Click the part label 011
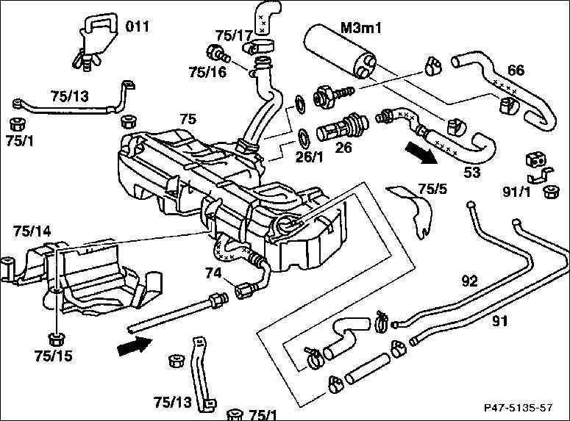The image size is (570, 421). tap(138, 26)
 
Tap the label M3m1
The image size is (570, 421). tap(361, 28)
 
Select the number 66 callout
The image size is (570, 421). tap(516, 70)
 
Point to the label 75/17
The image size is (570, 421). tap(234, 35)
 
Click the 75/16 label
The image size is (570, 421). tap(207, 72)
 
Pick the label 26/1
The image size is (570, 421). tap(309, 157)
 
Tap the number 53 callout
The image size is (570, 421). tap(472, 172)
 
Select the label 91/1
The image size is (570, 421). tap(516, 192)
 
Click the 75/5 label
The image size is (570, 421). tap(432, 189)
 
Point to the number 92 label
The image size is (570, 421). tap(469, 281)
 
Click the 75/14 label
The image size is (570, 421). tap(32, 231)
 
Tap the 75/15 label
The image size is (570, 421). tap(54, 356)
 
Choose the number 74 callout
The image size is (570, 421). tap(213, 273)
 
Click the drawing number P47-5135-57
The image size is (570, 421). tap(519, 408)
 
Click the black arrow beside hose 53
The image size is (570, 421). tap(421, 153)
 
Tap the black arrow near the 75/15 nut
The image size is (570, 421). tap(135, 345)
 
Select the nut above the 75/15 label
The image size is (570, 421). tap(56, 339)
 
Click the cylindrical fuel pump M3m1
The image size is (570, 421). tap(341, 51)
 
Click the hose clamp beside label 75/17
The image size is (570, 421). tap(258, 46)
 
